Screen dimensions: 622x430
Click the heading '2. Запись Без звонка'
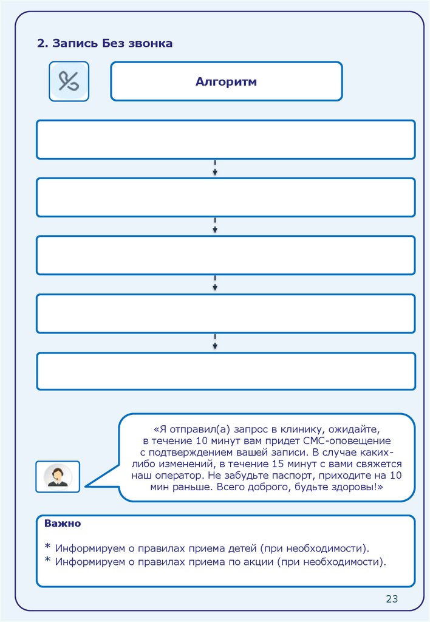[105, 43]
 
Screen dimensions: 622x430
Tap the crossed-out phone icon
[69, 81]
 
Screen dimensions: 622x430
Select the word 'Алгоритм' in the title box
[226, 82]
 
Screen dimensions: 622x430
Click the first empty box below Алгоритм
[225, 140]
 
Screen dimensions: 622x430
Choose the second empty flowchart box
[225, 197]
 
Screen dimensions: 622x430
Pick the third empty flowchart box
[225, 255]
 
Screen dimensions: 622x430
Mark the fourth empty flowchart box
[225, 313]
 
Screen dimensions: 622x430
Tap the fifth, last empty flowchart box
[225, 371]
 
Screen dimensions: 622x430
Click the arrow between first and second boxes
[215, 169]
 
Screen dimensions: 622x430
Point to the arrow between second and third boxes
[215, 227]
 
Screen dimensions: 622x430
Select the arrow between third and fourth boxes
[215, 284]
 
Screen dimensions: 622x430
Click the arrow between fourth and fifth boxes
[215, 342]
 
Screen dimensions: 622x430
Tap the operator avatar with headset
[58, 476]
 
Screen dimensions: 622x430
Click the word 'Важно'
[63, 524]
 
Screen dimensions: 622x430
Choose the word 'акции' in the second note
[253, 562]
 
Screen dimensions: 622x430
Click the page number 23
[392, 600]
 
